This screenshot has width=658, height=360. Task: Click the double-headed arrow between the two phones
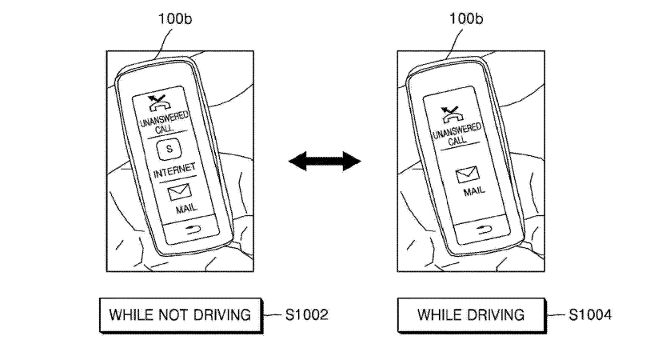(325, 162)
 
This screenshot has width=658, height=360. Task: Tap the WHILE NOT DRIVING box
(180, 314)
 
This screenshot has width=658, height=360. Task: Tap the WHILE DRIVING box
(470, 314)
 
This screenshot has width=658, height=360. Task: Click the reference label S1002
(306, 314)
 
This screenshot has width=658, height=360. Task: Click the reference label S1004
(590, 314)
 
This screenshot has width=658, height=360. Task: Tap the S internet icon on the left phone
(169, 149)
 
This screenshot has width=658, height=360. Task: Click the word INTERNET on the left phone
(170, 171)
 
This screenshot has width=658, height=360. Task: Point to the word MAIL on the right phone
(474, 192)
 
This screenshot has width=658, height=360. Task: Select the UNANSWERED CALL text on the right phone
(457, 133)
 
